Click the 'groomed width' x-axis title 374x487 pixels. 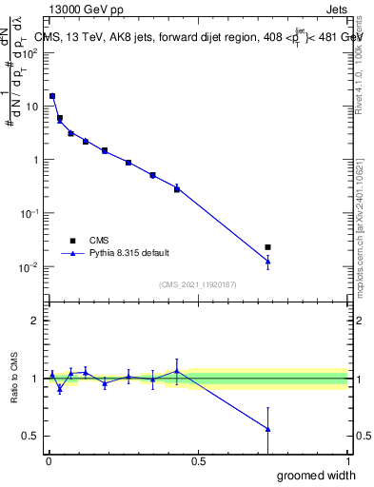[318, 475]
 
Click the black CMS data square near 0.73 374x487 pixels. [268, 247]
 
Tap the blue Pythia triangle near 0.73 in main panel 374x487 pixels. [268, 261]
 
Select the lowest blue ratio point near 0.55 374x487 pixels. [268, 429]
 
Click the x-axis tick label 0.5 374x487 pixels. [197, 460]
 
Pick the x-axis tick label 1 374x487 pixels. [347, 460]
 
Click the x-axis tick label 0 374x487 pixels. [48, 460]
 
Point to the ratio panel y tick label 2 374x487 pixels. [35, 321]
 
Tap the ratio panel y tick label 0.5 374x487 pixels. [30, 437]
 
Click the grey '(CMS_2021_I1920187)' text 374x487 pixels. [198, 283]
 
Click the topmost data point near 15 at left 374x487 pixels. [52, 96]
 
